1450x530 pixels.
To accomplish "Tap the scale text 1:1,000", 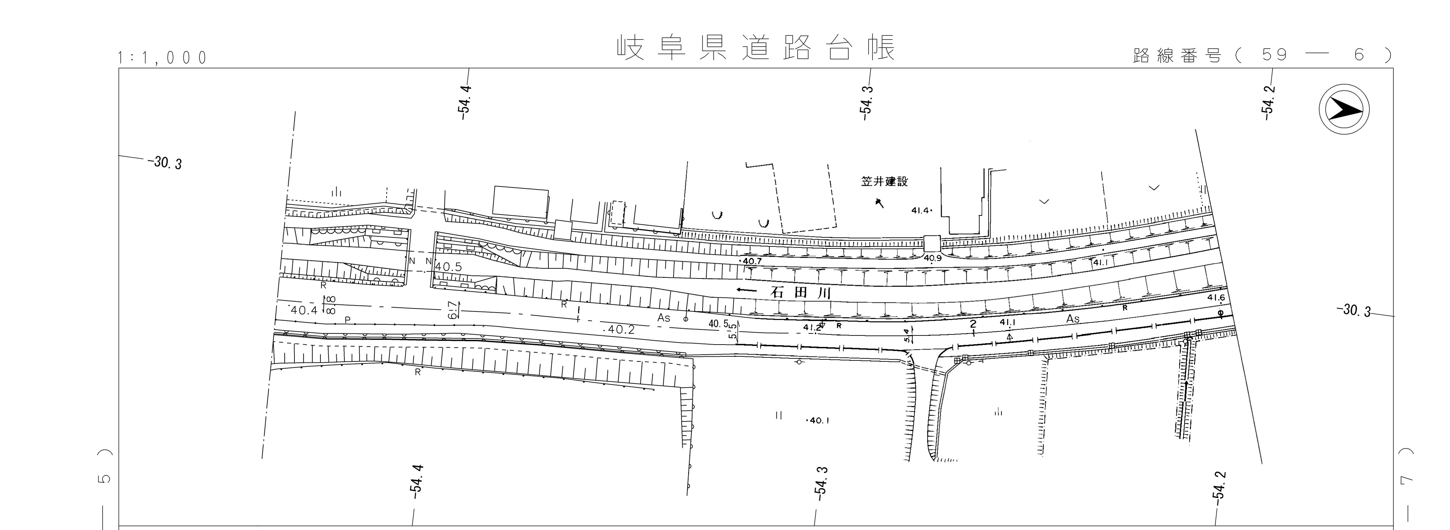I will point(163,58).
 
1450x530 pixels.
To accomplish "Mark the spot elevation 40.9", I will point(933,258).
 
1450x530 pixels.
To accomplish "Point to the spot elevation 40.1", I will point(819,420).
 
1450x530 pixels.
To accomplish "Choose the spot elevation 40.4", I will point(304,310).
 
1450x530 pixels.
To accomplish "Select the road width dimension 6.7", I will point(452,310).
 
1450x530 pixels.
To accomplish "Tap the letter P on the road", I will point(347,320).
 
